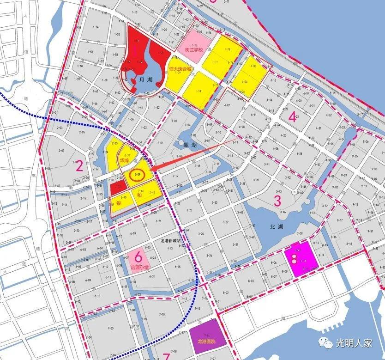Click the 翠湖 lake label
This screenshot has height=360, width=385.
190,145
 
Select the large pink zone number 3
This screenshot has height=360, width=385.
277,201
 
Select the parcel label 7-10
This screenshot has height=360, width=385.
162,314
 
